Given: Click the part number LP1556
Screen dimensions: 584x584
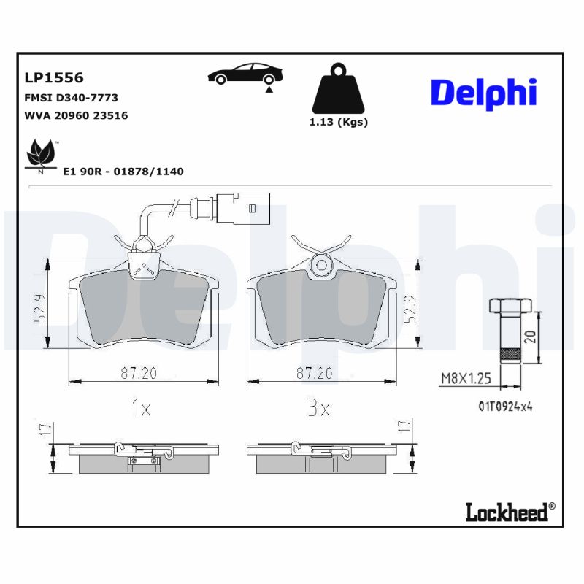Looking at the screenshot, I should click(54, 77).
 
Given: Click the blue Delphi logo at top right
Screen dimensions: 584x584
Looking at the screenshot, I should click(483, 93).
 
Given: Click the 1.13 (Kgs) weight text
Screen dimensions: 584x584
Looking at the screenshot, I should click(339, 122).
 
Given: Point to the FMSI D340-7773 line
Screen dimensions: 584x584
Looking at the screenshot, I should click(71, 97).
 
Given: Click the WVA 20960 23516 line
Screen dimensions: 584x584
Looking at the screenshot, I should click(76, 115).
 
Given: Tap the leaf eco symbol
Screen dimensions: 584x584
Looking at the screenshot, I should click(40, 154).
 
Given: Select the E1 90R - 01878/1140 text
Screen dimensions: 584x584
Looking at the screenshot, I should click(123, 172).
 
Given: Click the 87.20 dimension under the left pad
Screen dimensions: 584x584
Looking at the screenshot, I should click(139, 373).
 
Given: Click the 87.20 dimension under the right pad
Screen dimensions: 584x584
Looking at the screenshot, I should click(314, 373).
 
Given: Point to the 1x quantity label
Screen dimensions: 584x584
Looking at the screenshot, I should click(140, 409).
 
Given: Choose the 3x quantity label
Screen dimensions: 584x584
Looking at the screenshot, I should click(318, 409).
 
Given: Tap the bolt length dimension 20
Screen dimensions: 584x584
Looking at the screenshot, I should click(530, 336).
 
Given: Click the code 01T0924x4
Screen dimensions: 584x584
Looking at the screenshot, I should click(506, 407).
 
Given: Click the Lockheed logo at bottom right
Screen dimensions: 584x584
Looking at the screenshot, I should click(510, 512).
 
